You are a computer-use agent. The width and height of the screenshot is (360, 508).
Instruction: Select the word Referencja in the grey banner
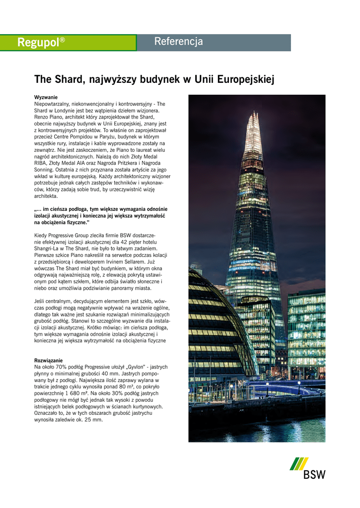pyautogui.click(x=178, y=42)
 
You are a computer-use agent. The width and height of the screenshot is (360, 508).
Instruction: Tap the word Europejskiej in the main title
pyautogui.click(x=242, y=79)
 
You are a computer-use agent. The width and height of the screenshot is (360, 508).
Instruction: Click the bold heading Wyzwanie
pyautogui.click(x=46, y=97)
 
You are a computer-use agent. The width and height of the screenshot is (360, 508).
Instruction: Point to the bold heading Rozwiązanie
pyautogui.click(x=48, y=360)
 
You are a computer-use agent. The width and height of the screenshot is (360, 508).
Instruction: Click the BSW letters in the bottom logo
pyautogui.click(x=314, y=475)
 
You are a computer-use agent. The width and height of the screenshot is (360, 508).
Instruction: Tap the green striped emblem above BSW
pyautogui.click(x=299, y=463)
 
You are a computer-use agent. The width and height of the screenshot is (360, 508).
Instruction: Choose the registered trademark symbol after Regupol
pyautogui.click(x=63, y=39)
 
